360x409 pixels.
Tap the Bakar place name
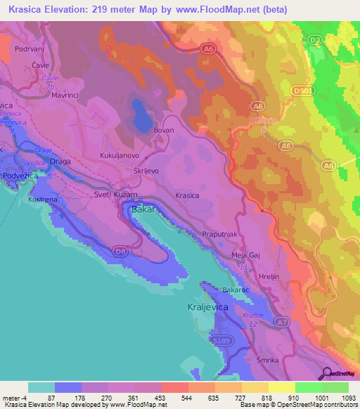(142, 209)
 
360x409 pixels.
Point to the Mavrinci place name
(67, 92)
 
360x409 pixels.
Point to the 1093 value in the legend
(347, 397)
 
